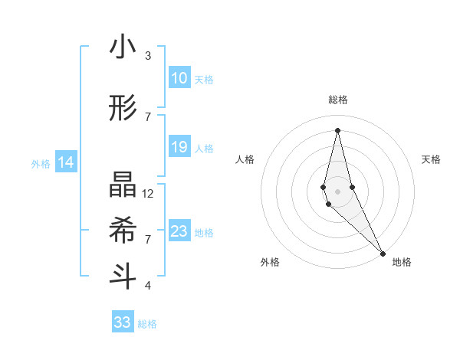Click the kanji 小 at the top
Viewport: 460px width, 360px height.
pos(123,47)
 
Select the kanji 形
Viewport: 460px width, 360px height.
pos(123,109)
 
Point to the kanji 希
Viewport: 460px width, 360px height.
pos(123,230)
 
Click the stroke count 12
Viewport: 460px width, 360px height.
pos(148,194)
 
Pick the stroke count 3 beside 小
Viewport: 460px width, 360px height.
pos(148,56)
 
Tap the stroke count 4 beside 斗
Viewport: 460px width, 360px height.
pos(148,286)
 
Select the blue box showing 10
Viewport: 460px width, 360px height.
pos(179,78)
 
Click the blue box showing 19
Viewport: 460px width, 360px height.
pos(179,147)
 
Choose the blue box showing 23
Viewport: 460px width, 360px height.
pos(179,231)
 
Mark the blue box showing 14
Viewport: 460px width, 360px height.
pos(66,162)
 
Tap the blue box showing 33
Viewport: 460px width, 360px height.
pos(122,322)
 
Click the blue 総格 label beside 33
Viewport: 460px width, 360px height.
pos(147,324)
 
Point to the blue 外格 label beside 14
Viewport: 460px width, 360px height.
pos(41,163)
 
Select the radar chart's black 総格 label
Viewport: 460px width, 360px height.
pos(337,100)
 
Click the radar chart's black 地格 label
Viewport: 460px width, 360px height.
pos(402,262)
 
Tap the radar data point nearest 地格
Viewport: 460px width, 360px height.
pos(383,253)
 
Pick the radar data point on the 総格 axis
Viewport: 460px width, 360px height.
pos(337,129)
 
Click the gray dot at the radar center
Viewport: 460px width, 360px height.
pos(337,180)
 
